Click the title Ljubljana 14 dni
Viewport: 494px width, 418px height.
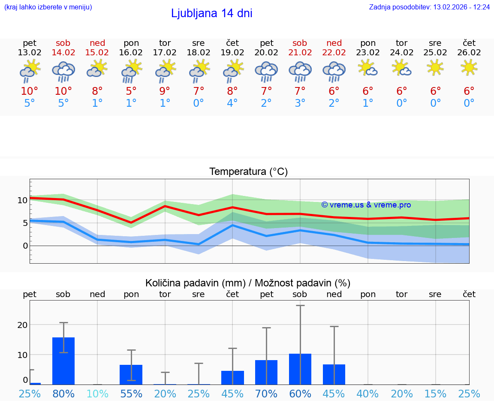[x=211, y=13]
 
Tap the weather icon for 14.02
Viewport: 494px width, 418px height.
[x=63, y=71]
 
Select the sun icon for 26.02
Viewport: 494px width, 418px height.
[x=469, y=67]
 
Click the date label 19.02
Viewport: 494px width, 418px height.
[x=232, y=53]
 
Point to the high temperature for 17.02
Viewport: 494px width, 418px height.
[x=165, y=91]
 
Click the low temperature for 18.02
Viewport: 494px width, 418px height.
[x=199, y=103]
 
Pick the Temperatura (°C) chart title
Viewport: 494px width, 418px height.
[x=248, y=172]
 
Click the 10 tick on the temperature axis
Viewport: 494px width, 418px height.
[x=22, y=200]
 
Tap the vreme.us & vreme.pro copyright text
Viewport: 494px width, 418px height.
[x=366, y=205]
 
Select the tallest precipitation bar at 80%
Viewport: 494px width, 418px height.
[x=63, y=361]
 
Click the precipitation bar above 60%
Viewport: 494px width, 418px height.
[x=300, y=369]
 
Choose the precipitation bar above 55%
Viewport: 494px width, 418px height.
[x=131, y=375]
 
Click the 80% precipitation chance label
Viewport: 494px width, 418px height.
[x=63, y=394]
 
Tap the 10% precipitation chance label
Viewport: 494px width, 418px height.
[x=97, y=394]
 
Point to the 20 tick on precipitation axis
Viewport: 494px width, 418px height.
[x=22, y=325]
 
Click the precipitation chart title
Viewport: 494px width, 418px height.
[x=248, y=283]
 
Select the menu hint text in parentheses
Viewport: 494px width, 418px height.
[x=48, y=7]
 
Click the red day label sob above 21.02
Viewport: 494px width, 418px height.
[x=300, y=43]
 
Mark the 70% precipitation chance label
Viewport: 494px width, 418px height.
[x=266, y=394]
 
